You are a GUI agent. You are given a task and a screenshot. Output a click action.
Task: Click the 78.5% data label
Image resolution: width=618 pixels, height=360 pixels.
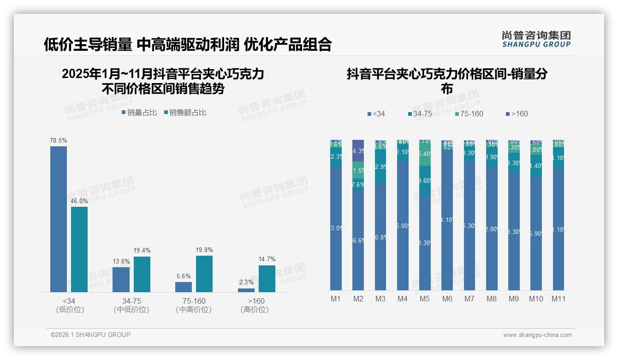pos(59,140)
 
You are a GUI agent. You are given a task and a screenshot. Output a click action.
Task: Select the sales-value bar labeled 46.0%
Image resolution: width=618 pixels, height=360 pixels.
pos(79,249)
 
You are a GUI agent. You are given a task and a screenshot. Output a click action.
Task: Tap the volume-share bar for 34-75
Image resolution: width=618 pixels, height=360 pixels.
pos(121,279)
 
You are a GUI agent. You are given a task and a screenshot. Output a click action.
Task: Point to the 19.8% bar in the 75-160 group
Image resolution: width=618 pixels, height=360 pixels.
pos(204,274)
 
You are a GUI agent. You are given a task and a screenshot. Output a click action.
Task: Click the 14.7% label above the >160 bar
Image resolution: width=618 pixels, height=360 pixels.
pos(267,259)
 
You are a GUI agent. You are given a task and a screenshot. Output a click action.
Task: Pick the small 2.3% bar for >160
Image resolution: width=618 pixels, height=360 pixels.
pos(246,290)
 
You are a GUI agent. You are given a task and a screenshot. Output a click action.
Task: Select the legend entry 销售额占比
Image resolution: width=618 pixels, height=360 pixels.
pos(185,112)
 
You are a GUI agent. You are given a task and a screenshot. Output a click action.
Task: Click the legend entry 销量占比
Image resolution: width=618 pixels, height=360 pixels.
pos(139,112)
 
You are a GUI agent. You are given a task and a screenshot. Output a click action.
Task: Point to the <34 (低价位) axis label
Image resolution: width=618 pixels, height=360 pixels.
pos(70,305)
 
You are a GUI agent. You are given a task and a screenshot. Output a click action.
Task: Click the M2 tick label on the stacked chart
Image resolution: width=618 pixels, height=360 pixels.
pos(358,299)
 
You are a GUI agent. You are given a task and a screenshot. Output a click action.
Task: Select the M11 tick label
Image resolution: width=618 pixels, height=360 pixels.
pos(559,299)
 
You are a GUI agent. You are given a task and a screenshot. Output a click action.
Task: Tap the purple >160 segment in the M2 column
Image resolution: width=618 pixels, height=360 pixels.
pos(358,150)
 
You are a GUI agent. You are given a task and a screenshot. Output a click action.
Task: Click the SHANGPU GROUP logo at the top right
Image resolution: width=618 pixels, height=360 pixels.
pos(536,39)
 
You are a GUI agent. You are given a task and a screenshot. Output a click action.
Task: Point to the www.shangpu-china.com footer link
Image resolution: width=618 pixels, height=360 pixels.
pos(537,335)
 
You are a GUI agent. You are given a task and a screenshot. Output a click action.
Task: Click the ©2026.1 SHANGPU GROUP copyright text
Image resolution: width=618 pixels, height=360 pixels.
pos(90,335)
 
